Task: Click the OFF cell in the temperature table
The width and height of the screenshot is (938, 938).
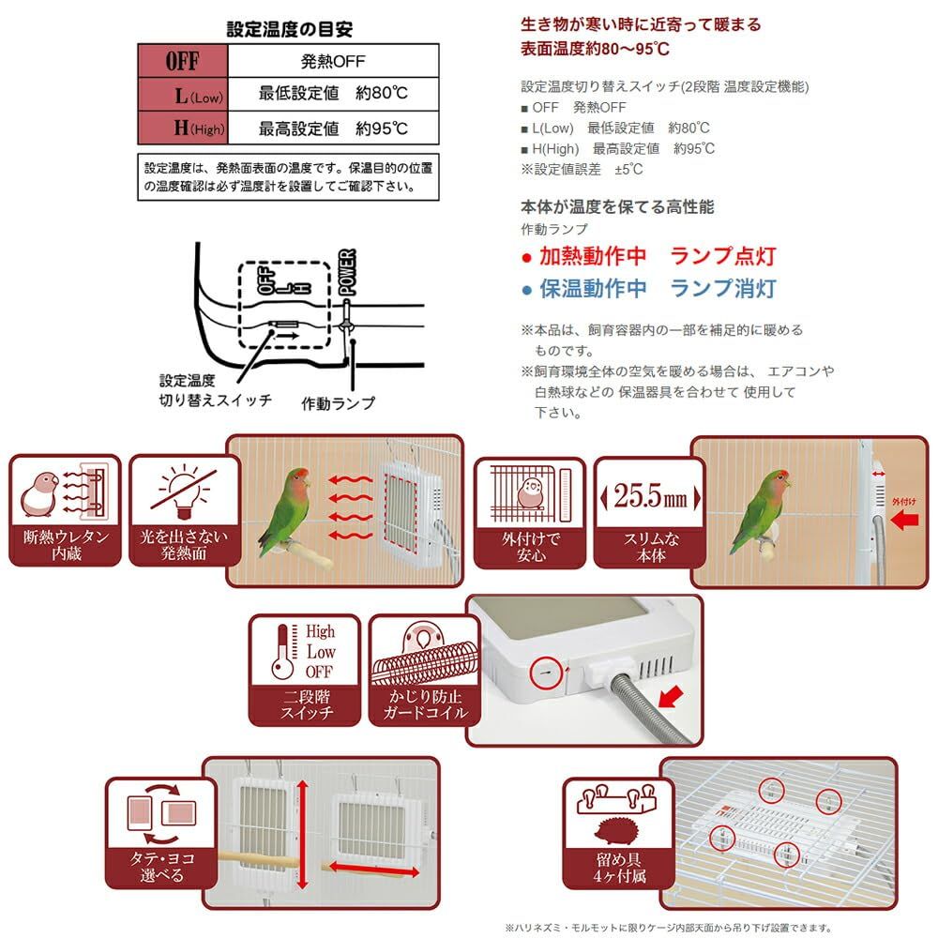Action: pyautogui.click(x=182, y=62)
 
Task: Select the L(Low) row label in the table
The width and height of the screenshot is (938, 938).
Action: pyautogui.click(x=182, y=94)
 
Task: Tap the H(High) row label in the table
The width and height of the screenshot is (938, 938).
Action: pyautogui.click(x=182, y=128)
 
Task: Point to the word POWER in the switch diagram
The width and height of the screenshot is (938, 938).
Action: pyautogui.click(x=345, y=272)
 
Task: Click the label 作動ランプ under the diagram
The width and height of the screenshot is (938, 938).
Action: pyautogui.click(x=338, y=403)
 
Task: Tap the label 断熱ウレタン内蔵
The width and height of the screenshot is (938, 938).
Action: pyautogui.click(x=66, y=545)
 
